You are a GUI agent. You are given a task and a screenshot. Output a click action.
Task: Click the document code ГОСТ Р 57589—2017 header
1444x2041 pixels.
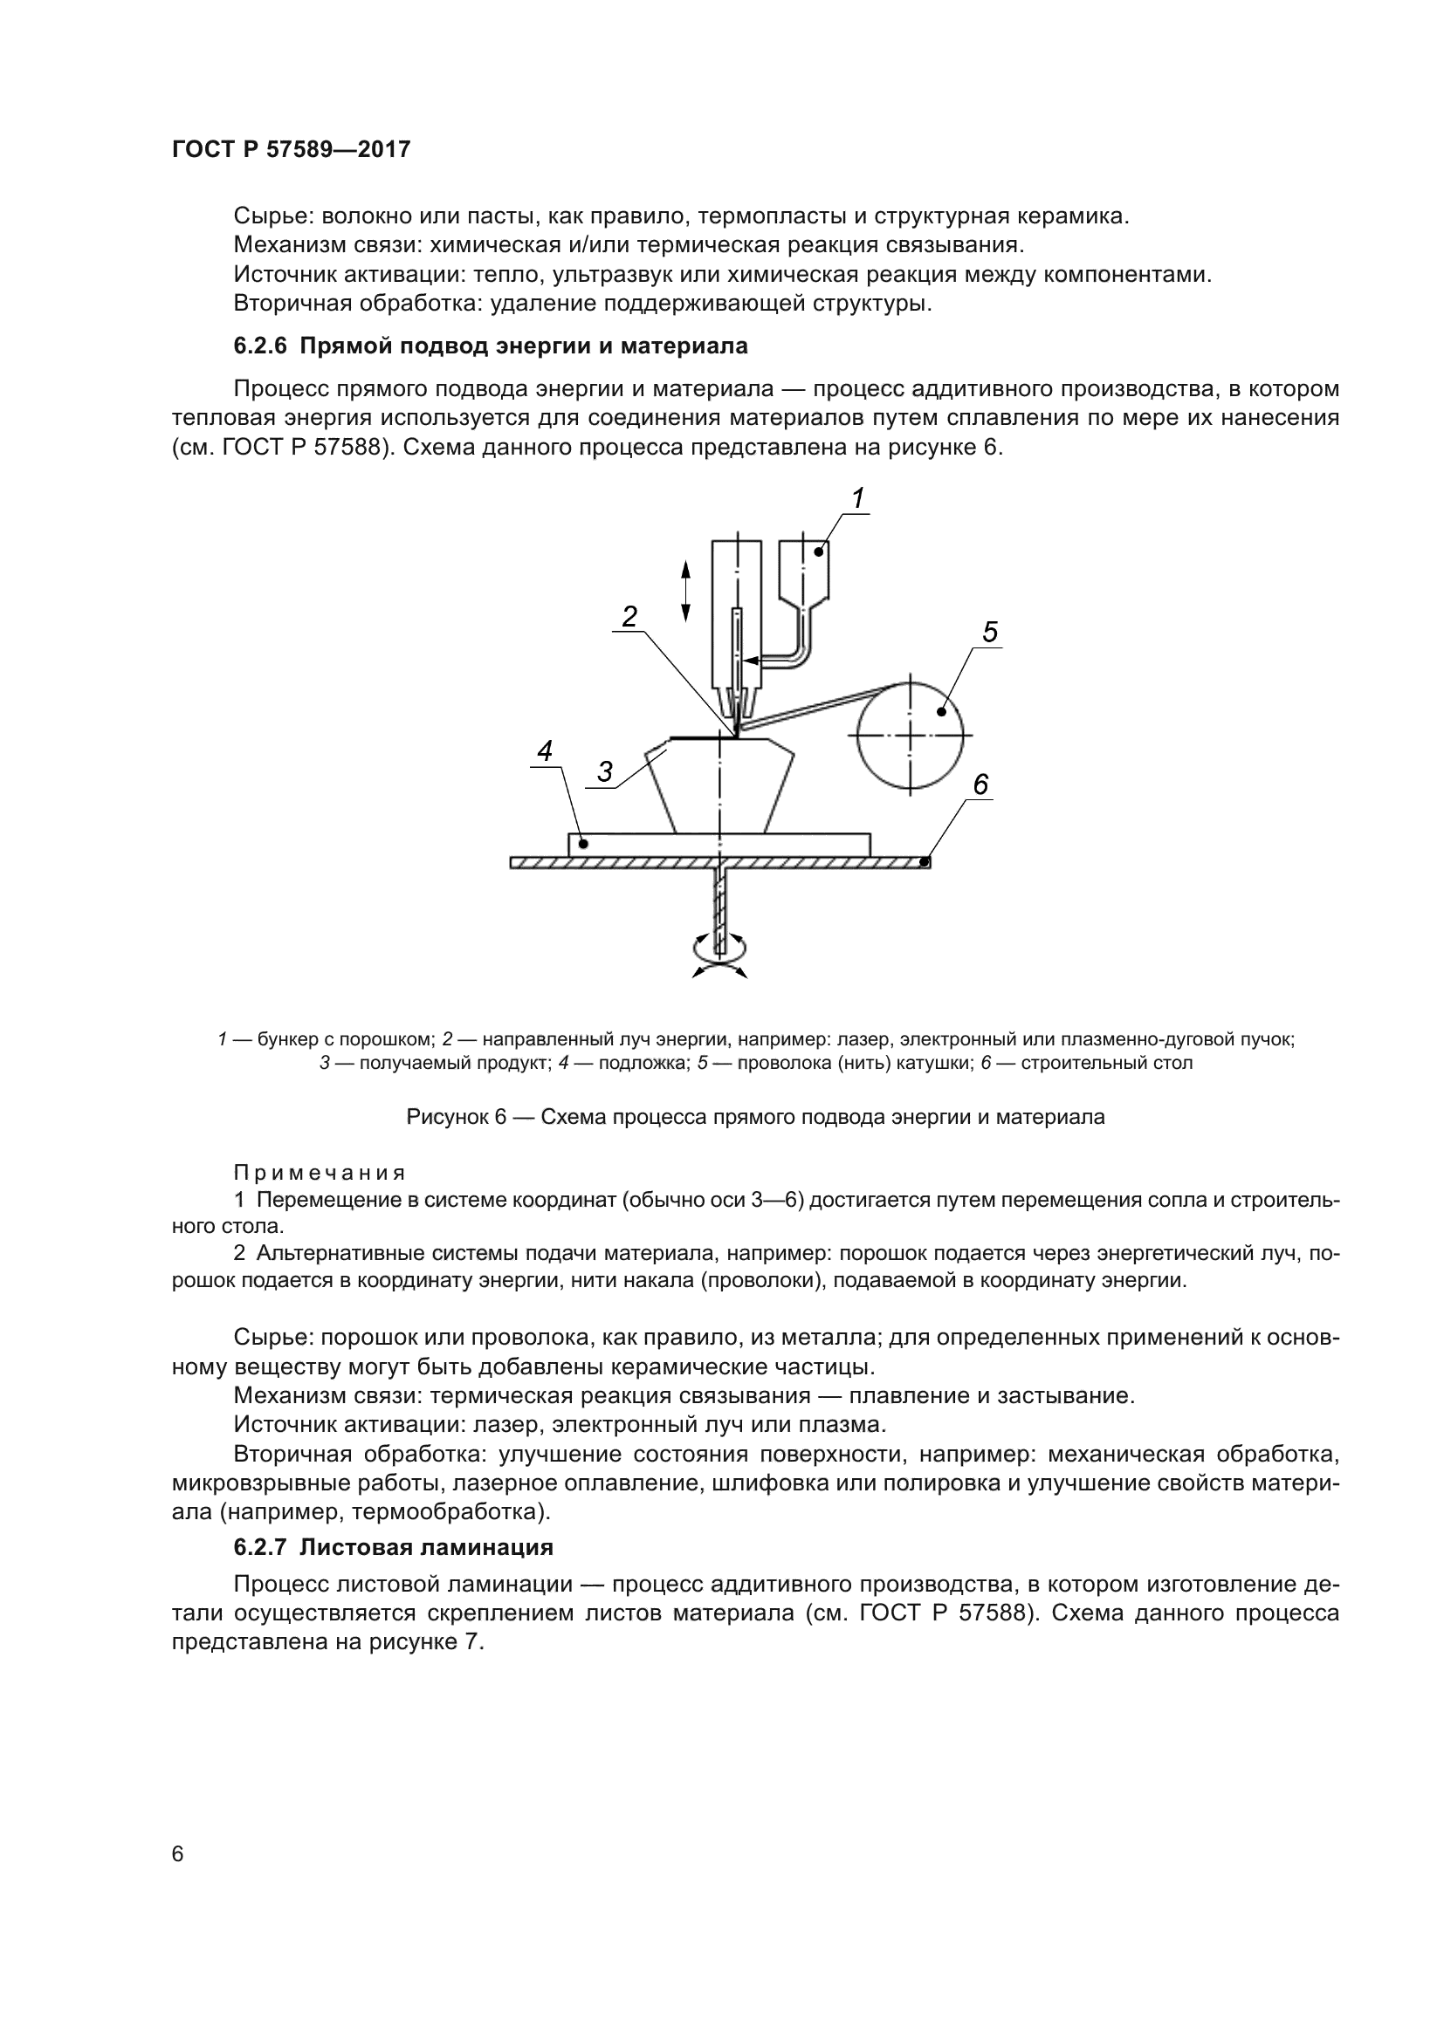click(291, 149)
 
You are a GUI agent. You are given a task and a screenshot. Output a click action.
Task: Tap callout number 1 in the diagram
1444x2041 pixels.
click(858, 499)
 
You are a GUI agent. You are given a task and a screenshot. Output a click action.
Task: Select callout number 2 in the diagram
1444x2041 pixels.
click(629, 616)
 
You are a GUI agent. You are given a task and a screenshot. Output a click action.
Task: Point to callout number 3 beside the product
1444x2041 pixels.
click(605, 771)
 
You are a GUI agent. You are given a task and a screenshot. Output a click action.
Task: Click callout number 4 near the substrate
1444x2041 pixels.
click(544, 751)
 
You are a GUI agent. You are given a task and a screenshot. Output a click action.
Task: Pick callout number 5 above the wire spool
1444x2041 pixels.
click(990, 632)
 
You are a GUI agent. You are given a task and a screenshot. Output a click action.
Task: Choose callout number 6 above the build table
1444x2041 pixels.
click(980, 784)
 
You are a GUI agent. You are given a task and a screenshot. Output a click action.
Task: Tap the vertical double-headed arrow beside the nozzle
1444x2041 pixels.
click(685, 590)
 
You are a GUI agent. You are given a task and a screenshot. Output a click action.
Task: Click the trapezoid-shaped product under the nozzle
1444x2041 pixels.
click(720, 787)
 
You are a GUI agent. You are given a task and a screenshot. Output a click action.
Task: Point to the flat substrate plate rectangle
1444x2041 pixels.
click(719, 845)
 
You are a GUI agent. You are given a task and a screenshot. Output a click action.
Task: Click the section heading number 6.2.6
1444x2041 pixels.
click(260, 346)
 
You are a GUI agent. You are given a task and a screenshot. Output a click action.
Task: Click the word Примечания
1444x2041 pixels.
click(320, 1173)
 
